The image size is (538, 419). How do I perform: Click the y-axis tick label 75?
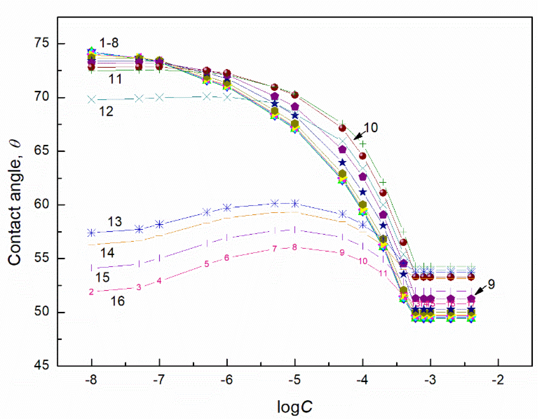pyautogui.click(x=41, y=43)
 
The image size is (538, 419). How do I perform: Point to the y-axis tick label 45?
pyautogui.click(x=41, y=365)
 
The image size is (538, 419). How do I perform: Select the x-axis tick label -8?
pyautogui.click(x=91, y=380)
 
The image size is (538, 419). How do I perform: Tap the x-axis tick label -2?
pyautogui.click(x=498, y=380)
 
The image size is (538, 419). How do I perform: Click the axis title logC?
pyautogui.click(x=295, y=407)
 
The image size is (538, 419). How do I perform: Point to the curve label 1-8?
pyautogui.click(x=109, y=43)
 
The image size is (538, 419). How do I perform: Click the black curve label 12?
pyautogui.click(x=106, y=112)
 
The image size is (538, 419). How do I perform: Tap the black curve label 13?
pyautogui.click(x=114, y=221)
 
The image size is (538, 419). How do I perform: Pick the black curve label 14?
pyautogui.click(x=107, y=253)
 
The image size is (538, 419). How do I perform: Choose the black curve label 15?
pyautogui.click(x=102, y=277)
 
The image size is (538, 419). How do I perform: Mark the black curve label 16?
pyautogui.click(x=118, y=301)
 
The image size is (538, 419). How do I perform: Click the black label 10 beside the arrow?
pyautogui.click(x=371, y=128)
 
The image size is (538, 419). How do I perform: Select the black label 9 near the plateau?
pyautogui.click(x=491, y=284)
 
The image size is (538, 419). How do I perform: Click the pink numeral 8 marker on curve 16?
pyautogui.click(x=294, y=247)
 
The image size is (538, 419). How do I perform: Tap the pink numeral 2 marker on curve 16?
pyautogui.click(x=91, y=292)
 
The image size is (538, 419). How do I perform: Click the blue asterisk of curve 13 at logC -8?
pyautogui.click(x=91, y=233)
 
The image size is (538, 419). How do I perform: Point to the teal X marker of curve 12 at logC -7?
pyautogui.click(x=159, y=98)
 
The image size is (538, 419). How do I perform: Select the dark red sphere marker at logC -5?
pyautogui.click(x=295, y=95)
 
